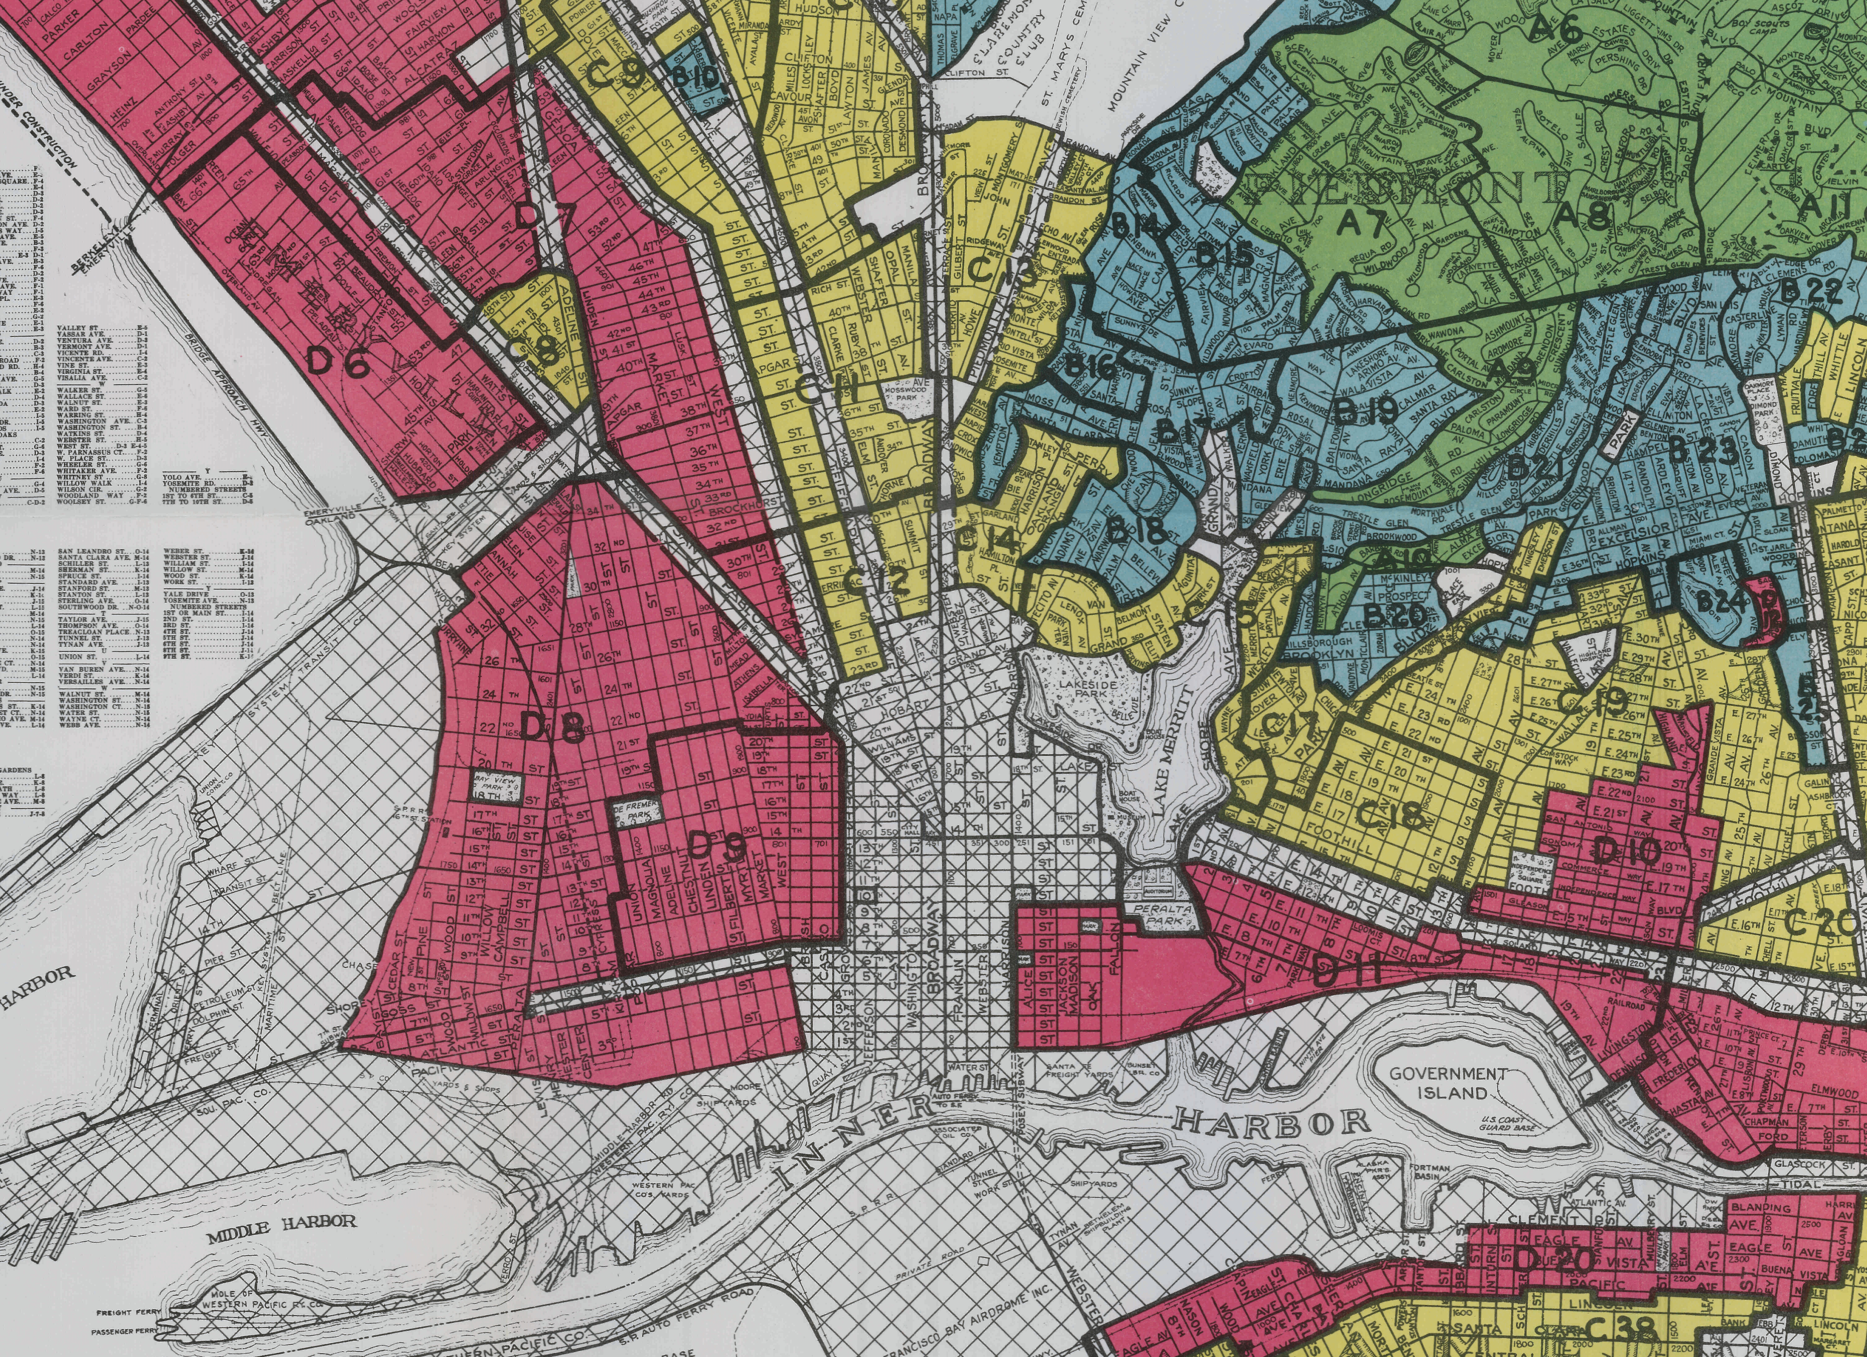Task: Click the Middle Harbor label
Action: click(x=282, y=1220)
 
